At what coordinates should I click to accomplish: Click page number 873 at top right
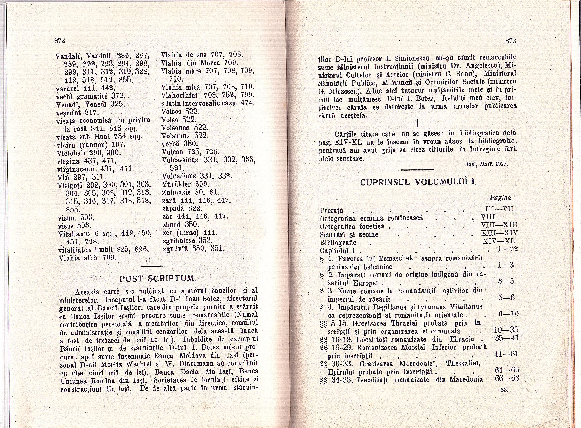(511, 41)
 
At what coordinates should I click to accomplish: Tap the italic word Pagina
(500, 198)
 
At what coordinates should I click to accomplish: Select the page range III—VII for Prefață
(498, 209)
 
